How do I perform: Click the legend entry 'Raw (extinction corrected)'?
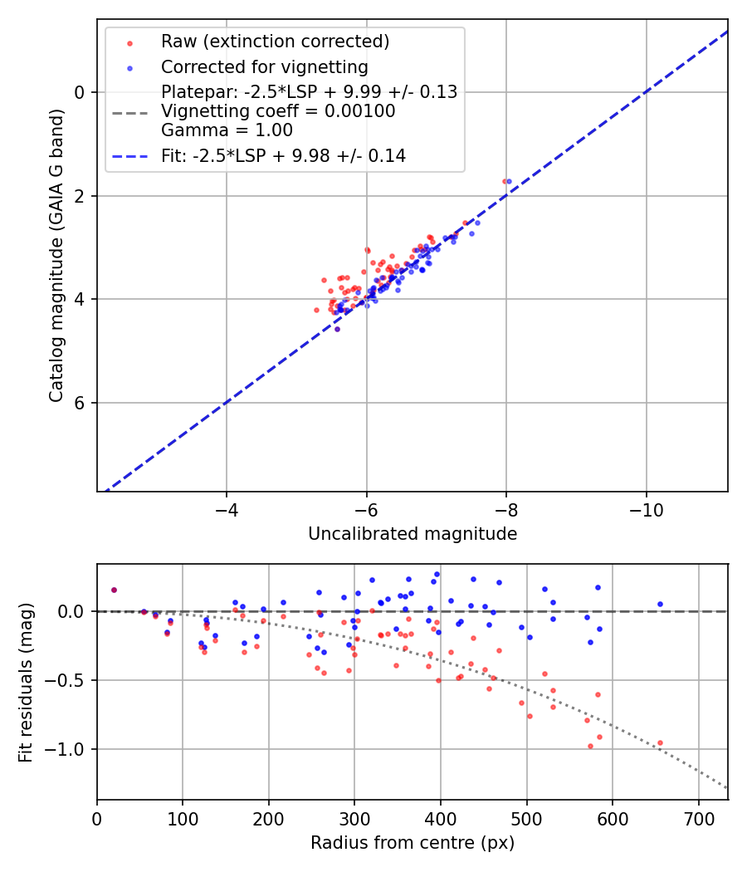(x=274, y=42)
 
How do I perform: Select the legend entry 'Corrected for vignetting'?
(x=264, y=67)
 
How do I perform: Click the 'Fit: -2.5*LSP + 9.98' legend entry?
(x=283, y=155)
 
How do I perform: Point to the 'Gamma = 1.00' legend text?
(x=227, y=130)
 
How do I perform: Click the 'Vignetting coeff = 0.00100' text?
(x=278, y=111)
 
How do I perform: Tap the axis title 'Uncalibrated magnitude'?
(x=413, y=534)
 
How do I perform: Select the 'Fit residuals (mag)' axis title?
(x=26, y=682)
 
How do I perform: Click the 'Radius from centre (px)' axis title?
(x=413, y=843)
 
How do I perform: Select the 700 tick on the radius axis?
(x=698, y=818)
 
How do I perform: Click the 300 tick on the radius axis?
(x=354, y=818)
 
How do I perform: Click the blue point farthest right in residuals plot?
(x=660, y=604)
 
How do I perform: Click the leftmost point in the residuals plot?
(x=114, y=590)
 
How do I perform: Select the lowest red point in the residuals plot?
(x=590, y=746)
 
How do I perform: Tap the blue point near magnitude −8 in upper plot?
(x=509, y=181)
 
